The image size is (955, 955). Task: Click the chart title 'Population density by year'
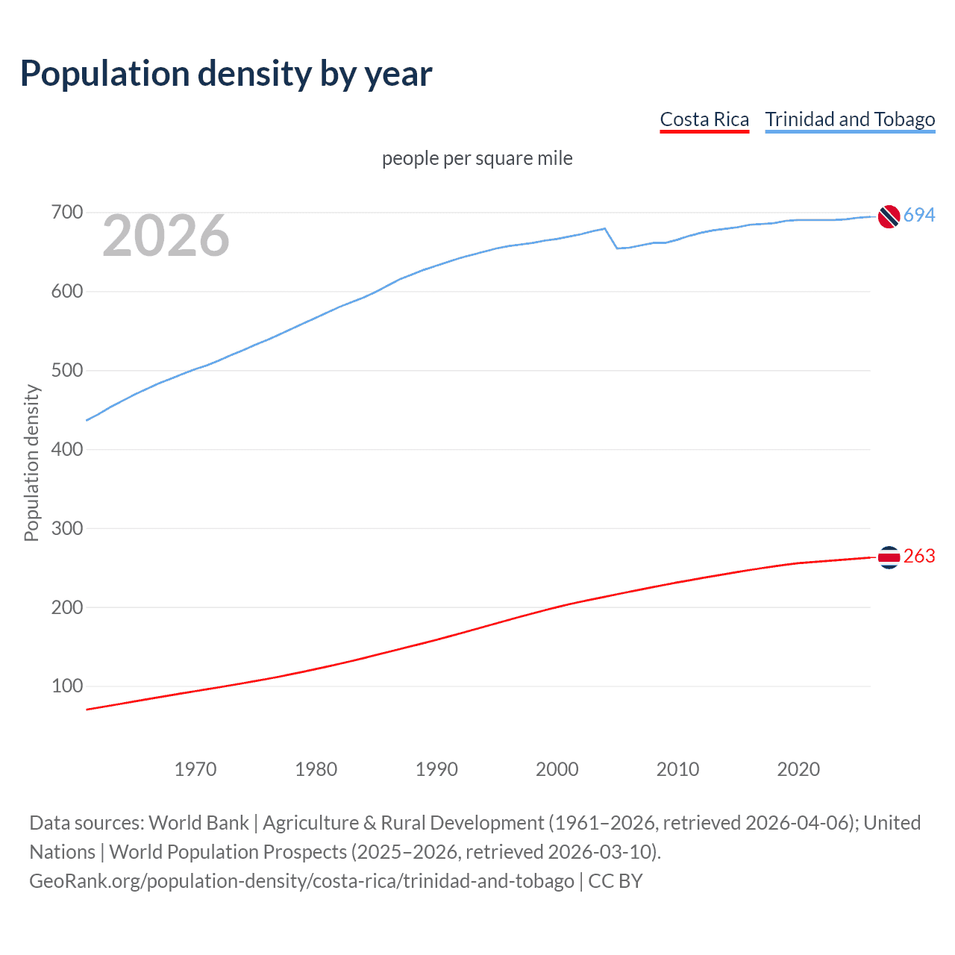point(226,74)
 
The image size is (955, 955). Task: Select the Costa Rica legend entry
point(704,119)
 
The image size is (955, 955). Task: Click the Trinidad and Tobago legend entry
point(850,119)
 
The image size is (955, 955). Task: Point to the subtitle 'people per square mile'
point(477,158)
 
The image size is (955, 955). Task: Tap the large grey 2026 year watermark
point(166,236)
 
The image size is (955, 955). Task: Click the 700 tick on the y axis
point(66,213)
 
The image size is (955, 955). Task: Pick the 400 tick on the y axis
point(66,449)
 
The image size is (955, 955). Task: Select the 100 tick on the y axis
point(66,686)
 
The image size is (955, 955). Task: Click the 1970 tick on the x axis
point(195,769)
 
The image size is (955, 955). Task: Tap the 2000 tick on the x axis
point(557,769)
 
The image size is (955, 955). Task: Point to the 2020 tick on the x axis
point(798,769)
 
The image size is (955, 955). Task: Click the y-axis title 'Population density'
point(31,463)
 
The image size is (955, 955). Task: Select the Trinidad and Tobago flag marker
point(889,216)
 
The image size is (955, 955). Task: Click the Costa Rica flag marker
point(889,557)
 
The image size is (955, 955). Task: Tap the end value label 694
point(919,215)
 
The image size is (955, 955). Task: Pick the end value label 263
point(919,557)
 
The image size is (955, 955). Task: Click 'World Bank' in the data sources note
point(198,823)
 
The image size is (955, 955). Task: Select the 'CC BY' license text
point(616,881)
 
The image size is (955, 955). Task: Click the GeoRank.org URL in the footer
point(301,881)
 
